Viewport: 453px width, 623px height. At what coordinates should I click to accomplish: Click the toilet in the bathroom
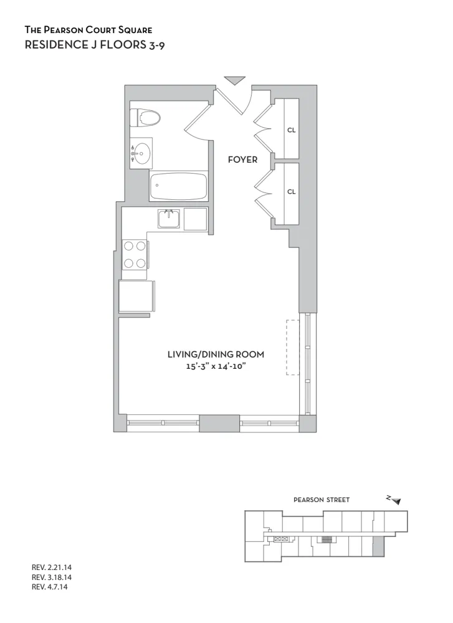tap(145, 117)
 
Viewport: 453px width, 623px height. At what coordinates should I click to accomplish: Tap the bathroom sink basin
tap(143, 151)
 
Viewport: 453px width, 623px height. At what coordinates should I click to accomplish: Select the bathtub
tap(178, 186)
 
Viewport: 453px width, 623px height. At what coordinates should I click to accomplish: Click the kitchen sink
tap(169, 219)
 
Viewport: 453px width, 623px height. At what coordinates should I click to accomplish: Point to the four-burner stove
tap(135, 254)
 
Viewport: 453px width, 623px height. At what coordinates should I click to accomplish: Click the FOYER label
tap(242, 160)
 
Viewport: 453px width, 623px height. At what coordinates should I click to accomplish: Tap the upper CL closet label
tap(291, 130)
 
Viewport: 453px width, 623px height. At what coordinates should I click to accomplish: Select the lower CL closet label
tap(291, 191)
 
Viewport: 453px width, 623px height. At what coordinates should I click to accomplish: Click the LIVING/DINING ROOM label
tap(216, 354)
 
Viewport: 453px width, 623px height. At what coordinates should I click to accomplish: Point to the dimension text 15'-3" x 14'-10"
tap(216, 367)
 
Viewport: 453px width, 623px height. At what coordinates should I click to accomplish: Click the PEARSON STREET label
tap(322, 500)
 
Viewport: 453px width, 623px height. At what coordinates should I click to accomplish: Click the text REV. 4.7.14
tap(49, 586)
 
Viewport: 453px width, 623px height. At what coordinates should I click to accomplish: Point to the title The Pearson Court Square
tap(88, 29)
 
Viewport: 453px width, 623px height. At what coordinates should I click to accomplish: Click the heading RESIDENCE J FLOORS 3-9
tap(94, 44)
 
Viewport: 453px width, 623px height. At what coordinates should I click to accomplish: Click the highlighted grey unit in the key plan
tap(378, 548)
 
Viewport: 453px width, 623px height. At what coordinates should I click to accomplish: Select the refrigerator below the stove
tap(136, 296)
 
